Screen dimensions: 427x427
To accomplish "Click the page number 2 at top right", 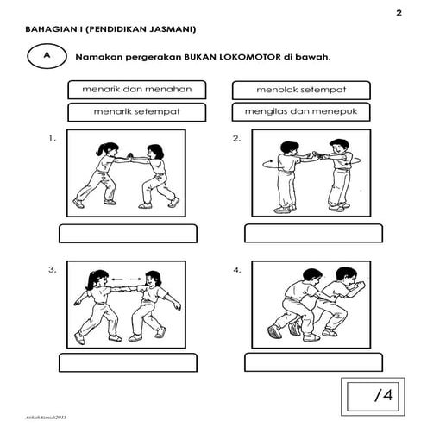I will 399,13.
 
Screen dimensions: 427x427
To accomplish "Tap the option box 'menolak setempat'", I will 300,90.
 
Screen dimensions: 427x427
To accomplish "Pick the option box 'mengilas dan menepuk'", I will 300,112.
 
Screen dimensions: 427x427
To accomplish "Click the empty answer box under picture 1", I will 128,233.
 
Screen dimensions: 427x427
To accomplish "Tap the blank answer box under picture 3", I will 128,362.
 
